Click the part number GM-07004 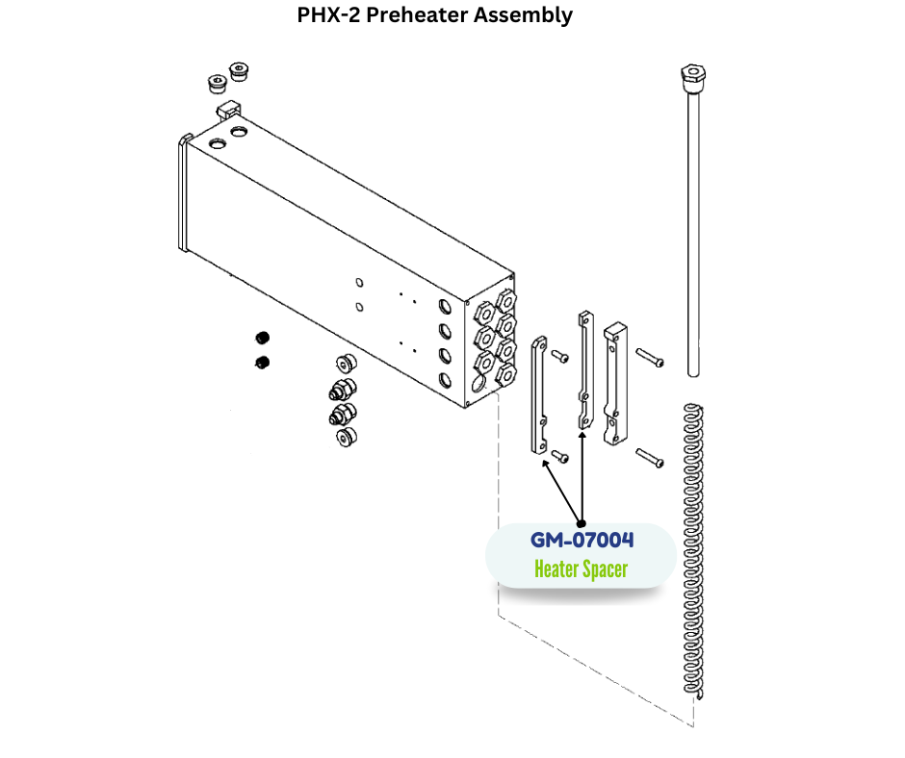tap(582, 542)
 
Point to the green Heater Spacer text tap(581, 569)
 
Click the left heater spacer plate tap(540, 396)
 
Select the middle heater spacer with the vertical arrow tap(583, 370)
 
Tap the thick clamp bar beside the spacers tap(613, 385)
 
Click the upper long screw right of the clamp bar tap(650, 358)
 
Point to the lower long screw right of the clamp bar tap(650, 459)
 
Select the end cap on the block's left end tap(181, 192)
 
